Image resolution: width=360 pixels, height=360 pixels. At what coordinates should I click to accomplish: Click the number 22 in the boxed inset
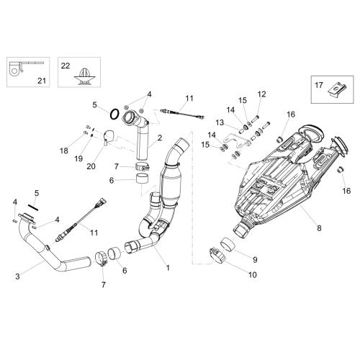[x=66, y=66]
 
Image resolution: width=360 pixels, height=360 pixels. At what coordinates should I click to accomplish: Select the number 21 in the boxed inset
[x=42, y=81]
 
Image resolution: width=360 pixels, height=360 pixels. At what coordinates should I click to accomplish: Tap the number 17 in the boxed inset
[x=319, y=85]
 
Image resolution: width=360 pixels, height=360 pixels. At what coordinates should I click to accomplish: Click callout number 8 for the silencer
[x=319, y=228]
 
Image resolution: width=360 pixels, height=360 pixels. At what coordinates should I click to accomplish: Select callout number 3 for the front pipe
[x=17, y=276]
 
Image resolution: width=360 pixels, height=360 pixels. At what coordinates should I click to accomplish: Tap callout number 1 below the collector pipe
[x=168, y=268]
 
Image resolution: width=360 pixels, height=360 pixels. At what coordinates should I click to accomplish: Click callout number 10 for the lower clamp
[x=253, y=274]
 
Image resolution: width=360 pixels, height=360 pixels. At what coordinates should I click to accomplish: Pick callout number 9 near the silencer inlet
[x=255, y=260]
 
